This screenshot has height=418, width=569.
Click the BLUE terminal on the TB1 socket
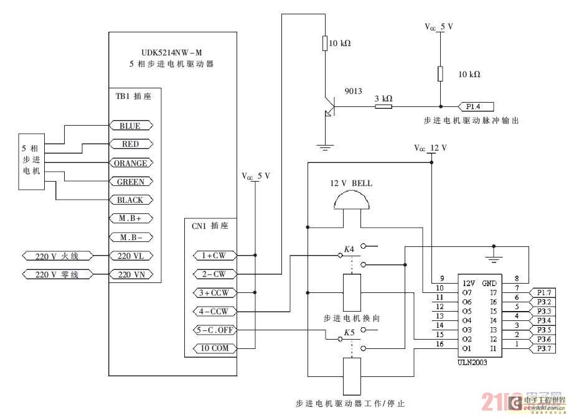(130, 126)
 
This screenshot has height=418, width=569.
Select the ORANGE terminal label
(130, 163)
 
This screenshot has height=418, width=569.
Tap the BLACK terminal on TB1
(130, 200)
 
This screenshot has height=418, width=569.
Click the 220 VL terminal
(130, 256)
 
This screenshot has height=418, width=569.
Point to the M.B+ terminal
(130, 219)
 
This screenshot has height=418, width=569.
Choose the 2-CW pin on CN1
(210, 274)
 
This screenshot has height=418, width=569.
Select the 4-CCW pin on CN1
(210, 311)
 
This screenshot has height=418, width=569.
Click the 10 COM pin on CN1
(210, 348)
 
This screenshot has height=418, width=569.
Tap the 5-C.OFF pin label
(210, 330)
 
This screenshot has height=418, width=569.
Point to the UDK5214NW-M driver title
(172, 53)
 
